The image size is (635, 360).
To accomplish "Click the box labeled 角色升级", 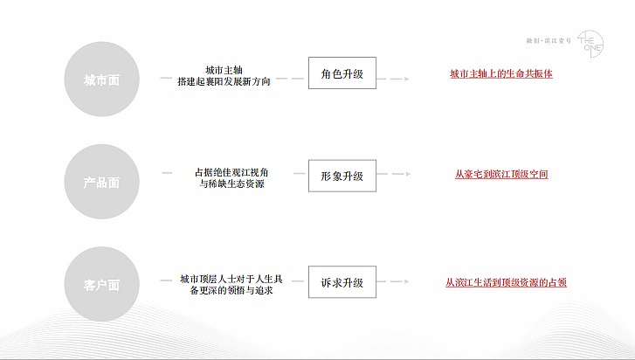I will [342, 75].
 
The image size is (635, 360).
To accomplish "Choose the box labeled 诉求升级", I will [342, 283].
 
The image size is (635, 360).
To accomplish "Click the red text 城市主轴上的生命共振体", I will [500, 74].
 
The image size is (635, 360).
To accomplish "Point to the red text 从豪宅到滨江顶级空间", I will [501, 175].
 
